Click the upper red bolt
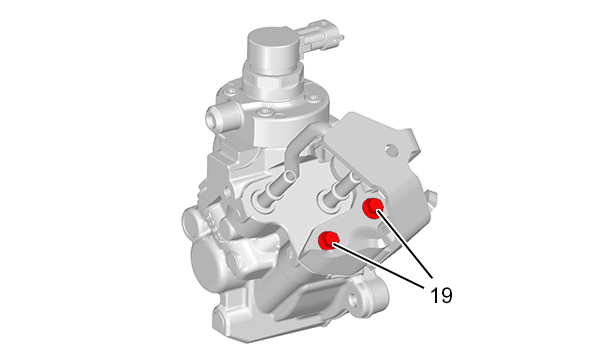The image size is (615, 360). pyautogui.click(x=372, y=207)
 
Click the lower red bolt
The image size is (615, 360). pyautogui.click(x=328, y=240)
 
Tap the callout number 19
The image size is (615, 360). pyautogui.click(x=441, y=295)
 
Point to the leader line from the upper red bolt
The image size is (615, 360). pyautogui.click(x=404, y=244)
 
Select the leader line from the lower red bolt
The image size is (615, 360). pyautogui.click(x=378, y=266)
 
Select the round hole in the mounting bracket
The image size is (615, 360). pyautogui.click(x=391, y=149)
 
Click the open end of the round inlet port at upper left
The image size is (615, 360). pyautogui.click(x=212, y=118)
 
